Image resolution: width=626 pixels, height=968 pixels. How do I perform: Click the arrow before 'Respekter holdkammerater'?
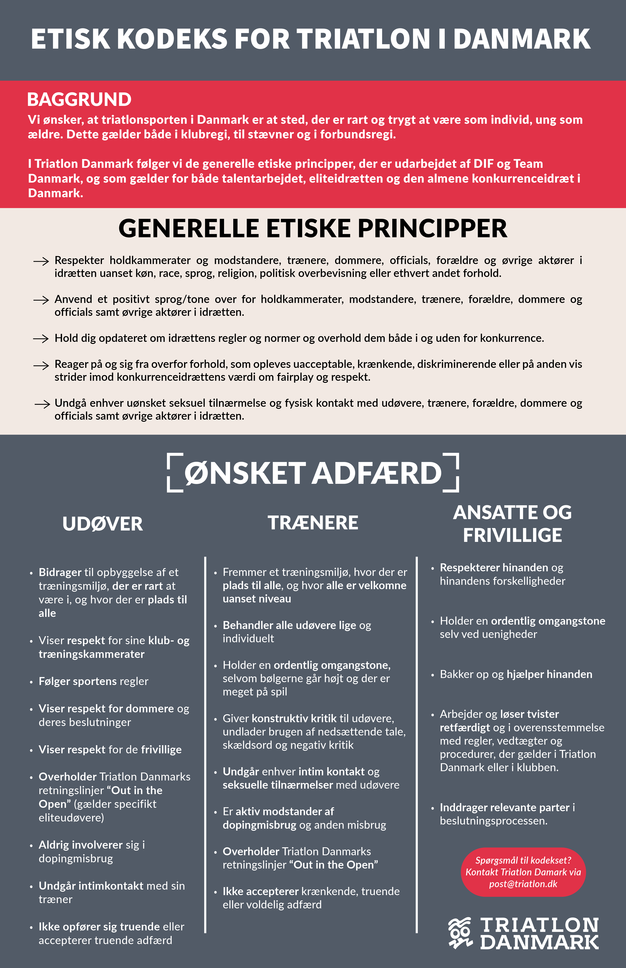click(41, 261)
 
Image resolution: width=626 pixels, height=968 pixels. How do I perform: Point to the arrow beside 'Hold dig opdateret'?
click(41, 339)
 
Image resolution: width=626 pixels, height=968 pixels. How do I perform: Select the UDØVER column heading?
click(102, 524)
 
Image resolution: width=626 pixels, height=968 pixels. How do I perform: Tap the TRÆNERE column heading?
click(313, 523)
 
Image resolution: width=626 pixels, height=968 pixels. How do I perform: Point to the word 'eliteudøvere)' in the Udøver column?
click(71, 817)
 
